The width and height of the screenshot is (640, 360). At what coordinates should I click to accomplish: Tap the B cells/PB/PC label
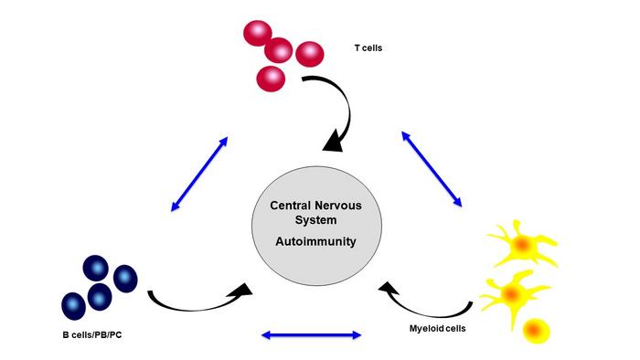pyautogui.click(x=84, y=336)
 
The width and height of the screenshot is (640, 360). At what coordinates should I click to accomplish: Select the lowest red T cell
pyautogui.click(x=272, y=77)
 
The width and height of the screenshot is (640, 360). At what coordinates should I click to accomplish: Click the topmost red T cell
pyautogui.click(x=259, y=34)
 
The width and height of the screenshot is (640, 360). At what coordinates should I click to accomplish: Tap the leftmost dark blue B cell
pyautogui.click(x=74, y=304)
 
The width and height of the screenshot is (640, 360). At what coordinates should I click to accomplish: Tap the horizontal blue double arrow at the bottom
pyautogui.click(x=312, y=335)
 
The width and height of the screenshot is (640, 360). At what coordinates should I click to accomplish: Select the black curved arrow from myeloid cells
pyautogui.click(x=430, y=303)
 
